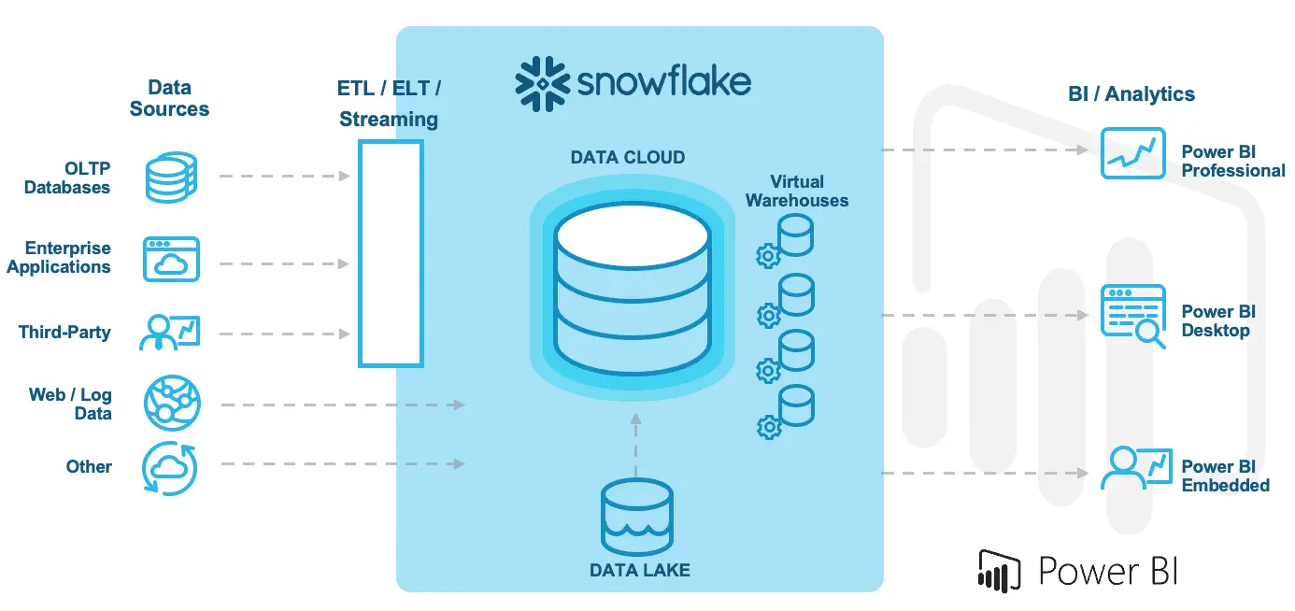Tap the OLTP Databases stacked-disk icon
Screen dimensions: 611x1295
point(171,178)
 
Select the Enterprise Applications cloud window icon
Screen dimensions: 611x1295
point(171,259)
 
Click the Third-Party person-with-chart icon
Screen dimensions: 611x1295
point(170,332)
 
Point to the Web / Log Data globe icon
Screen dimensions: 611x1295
point(171,404)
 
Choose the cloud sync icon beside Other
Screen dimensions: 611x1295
point(169,468)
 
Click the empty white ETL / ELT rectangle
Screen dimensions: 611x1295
point(391,253)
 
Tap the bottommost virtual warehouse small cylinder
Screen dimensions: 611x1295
point(796,403)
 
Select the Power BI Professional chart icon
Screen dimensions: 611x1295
point(1131,154)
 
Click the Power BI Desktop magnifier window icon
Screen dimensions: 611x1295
point(1133,316)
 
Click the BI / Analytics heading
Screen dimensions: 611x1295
point(1131,93)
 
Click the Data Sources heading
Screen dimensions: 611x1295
point(169,98)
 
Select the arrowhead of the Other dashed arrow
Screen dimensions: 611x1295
point(459,463)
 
